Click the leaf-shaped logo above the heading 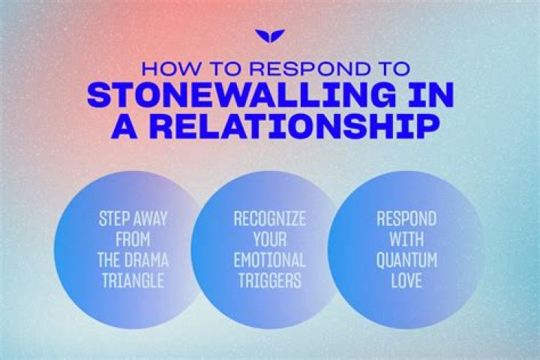(x=270, y=36)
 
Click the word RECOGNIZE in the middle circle (x=270, y=220)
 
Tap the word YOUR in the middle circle (x=270, y=241)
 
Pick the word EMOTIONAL (x=270, y=262)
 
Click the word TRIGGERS (x=270, y=283)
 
